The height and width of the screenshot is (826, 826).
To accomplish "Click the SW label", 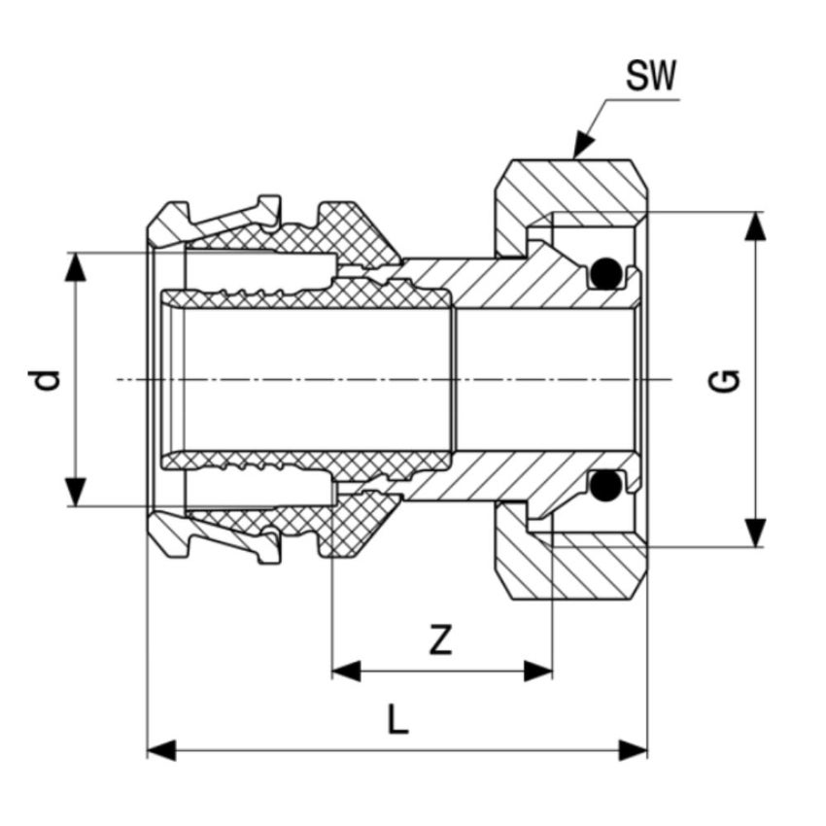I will point(650,77).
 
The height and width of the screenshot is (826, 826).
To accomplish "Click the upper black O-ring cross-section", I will point(606,273).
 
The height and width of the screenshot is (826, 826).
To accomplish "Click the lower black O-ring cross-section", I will point(606,483).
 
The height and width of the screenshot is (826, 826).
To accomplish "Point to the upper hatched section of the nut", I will point(573,184).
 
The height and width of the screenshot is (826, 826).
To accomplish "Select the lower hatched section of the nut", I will point(573,573).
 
